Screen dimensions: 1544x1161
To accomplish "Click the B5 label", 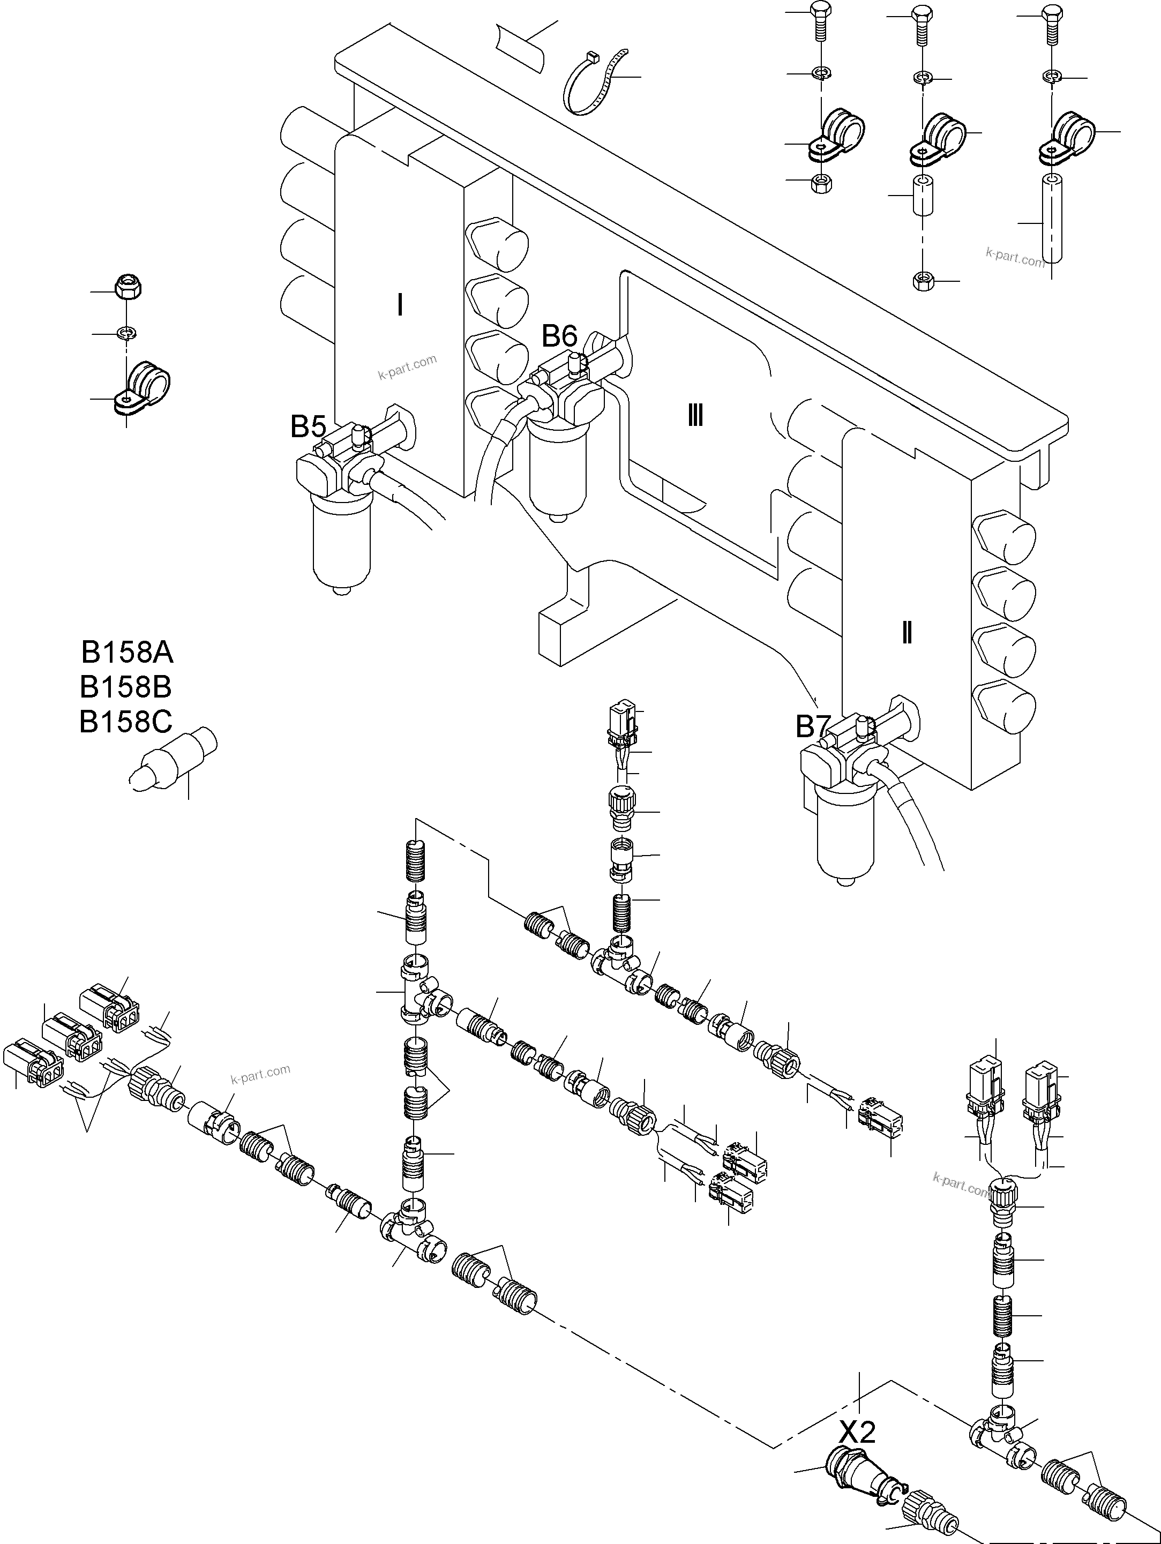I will pyautogui.click(x=309, y=426).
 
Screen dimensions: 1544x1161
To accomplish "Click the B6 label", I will pyautogui.click(x=560, y=336).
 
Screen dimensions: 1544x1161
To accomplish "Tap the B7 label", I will pyautogui.click(x=812, y=728).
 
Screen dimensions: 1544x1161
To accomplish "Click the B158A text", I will pyautogui.click(x=127, y=653).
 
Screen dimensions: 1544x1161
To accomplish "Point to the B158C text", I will pyautogui.click(x=126, y=722).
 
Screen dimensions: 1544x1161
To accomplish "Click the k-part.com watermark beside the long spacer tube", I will pyautogui.click(x=1015, y=258).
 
